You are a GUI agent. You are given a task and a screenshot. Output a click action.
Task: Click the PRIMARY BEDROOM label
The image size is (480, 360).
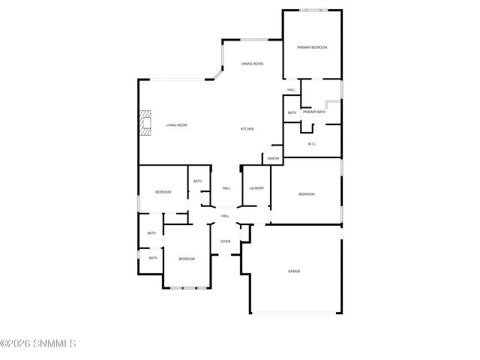tap(312, 47)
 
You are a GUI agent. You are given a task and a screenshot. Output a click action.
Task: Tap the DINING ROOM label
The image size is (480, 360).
tap(252, 64)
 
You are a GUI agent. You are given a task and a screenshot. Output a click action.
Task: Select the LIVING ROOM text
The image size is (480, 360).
tap(176, 125)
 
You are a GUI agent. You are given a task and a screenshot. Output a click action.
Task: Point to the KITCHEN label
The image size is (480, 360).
tap(247, 129)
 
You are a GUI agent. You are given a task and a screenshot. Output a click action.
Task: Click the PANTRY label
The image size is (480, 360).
tap(273, 158)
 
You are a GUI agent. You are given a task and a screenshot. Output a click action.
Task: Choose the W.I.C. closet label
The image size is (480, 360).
tap(313, 144)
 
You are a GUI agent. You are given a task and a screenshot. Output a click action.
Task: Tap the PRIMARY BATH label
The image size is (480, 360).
tap(314, 112)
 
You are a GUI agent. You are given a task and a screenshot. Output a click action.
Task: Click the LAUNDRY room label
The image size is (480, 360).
tap(256, 187)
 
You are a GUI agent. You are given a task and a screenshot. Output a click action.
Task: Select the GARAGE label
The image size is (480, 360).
tap(294, 271)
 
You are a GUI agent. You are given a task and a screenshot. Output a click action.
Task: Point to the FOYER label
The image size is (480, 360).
tap(225, 241)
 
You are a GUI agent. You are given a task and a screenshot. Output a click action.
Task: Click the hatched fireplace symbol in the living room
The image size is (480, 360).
tap(144, 122)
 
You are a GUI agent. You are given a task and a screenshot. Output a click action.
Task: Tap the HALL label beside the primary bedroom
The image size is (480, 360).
tap(291, 90)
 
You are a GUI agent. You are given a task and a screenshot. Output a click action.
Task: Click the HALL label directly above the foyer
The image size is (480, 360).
tap(225, 216)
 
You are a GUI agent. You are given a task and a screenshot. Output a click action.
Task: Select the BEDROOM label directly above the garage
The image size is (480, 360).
tap(306, 194)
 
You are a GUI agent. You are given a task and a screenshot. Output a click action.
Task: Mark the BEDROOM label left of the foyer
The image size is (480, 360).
tap(187, 259)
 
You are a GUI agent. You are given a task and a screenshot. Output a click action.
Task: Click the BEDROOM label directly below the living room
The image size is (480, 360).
tap(163, 192)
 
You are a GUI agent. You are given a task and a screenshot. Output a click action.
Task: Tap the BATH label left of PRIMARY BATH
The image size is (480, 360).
tap(292, 112)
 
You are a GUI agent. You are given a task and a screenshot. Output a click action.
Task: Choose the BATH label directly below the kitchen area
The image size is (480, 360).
tap(197, 181)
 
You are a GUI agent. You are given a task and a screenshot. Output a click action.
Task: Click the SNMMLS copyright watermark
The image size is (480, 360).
tap(38, 344)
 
